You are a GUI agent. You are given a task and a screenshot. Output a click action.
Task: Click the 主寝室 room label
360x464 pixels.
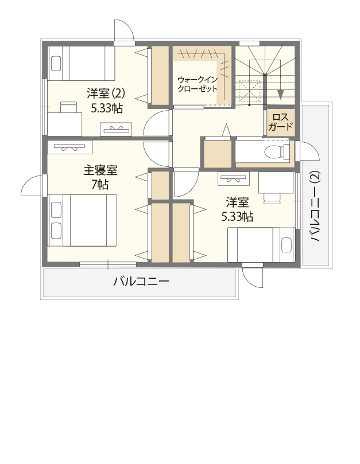tap(100, 170)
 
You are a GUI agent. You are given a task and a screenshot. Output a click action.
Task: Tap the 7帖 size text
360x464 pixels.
tap(100, 185)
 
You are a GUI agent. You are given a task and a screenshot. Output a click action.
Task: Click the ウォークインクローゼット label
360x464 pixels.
tap(198, 84)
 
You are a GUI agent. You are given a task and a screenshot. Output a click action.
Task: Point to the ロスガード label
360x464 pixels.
tap(280, 122)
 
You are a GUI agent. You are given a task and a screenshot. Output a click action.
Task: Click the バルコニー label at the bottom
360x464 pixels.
tap(141, 282)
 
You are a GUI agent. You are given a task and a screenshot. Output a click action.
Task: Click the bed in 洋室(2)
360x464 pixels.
tap(80, 63)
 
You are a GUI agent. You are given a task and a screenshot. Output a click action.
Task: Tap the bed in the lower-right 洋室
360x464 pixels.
tap(262, 244)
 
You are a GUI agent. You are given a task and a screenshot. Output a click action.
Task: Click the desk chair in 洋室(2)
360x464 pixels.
tap(68, 107)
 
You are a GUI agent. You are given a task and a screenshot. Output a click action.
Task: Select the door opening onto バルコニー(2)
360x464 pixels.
tap(310, 151)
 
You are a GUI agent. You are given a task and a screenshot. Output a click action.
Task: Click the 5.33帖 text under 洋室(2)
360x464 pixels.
tap(106, 107)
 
